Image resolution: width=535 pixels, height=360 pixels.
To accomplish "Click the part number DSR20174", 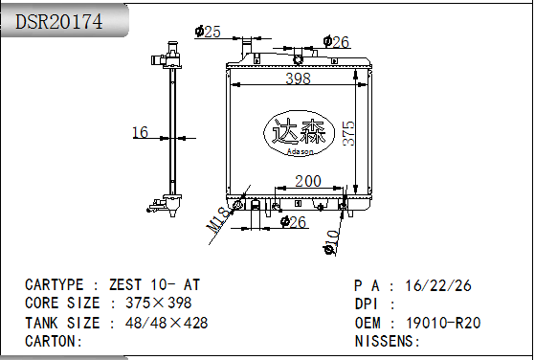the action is coord(58,21).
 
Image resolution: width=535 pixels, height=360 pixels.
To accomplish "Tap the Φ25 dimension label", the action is coord(208,32).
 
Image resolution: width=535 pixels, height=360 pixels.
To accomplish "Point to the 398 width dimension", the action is coord(298,79).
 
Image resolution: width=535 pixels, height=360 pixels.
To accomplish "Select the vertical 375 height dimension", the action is coord(348,133).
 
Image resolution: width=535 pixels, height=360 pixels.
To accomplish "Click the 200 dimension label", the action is coord(308,181).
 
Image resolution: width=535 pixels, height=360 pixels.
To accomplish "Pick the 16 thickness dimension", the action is coord(140,132).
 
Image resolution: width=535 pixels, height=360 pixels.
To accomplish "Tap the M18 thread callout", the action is coord(218,220).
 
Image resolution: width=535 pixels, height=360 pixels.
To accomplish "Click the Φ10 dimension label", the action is coord(331,242).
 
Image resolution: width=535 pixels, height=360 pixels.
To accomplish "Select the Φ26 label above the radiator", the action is coord(336,42).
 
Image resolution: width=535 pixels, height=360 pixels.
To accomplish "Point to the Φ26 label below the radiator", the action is coord(294,222).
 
